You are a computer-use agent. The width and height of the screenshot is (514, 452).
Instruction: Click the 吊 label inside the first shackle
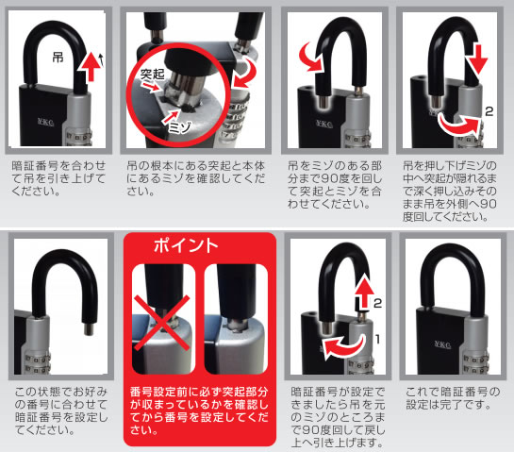(58, 58)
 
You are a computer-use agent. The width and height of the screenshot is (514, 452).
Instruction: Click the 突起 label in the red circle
(152, 75)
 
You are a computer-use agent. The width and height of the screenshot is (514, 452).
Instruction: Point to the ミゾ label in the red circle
(179, 127)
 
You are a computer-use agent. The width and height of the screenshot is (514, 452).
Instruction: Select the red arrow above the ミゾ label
(172, 116)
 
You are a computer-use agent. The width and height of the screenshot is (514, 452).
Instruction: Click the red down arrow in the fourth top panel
(476, 59)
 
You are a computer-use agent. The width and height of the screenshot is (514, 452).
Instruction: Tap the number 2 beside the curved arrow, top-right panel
(489, 111)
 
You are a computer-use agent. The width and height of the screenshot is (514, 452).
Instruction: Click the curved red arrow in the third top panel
(310, 58)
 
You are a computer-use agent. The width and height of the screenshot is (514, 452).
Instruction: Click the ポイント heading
(186, 245)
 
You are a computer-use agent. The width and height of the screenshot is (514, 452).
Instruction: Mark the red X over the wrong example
(161, 323)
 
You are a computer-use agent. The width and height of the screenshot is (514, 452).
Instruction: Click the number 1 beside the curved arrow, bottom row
(377, 339)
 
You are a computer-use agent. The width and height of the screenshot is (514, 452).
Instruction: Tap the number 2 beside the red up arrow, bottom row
(377, 303)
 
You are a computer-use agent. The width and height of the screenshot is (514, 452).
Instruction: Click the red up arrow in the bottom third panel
(365, 292)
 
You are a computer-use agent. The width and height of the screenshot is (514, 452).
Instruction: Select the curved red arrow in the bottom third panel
(343, 347)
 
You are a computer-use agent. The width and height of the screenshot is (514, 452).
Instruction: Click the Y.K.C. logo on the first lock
(46, 122)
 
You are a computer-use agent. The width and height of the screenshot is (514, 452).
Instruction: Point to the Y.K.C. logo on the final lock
(442, 344)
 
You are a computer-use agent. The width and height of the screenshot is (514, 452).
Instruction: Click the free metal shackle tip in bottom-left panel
(89, 329)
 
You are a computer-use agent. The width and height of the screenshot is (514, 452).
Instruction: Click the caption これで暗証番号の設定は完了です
(453, 398)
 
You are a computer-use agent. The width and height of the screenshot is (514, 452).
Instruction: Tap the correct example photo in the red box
(236, 319)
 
